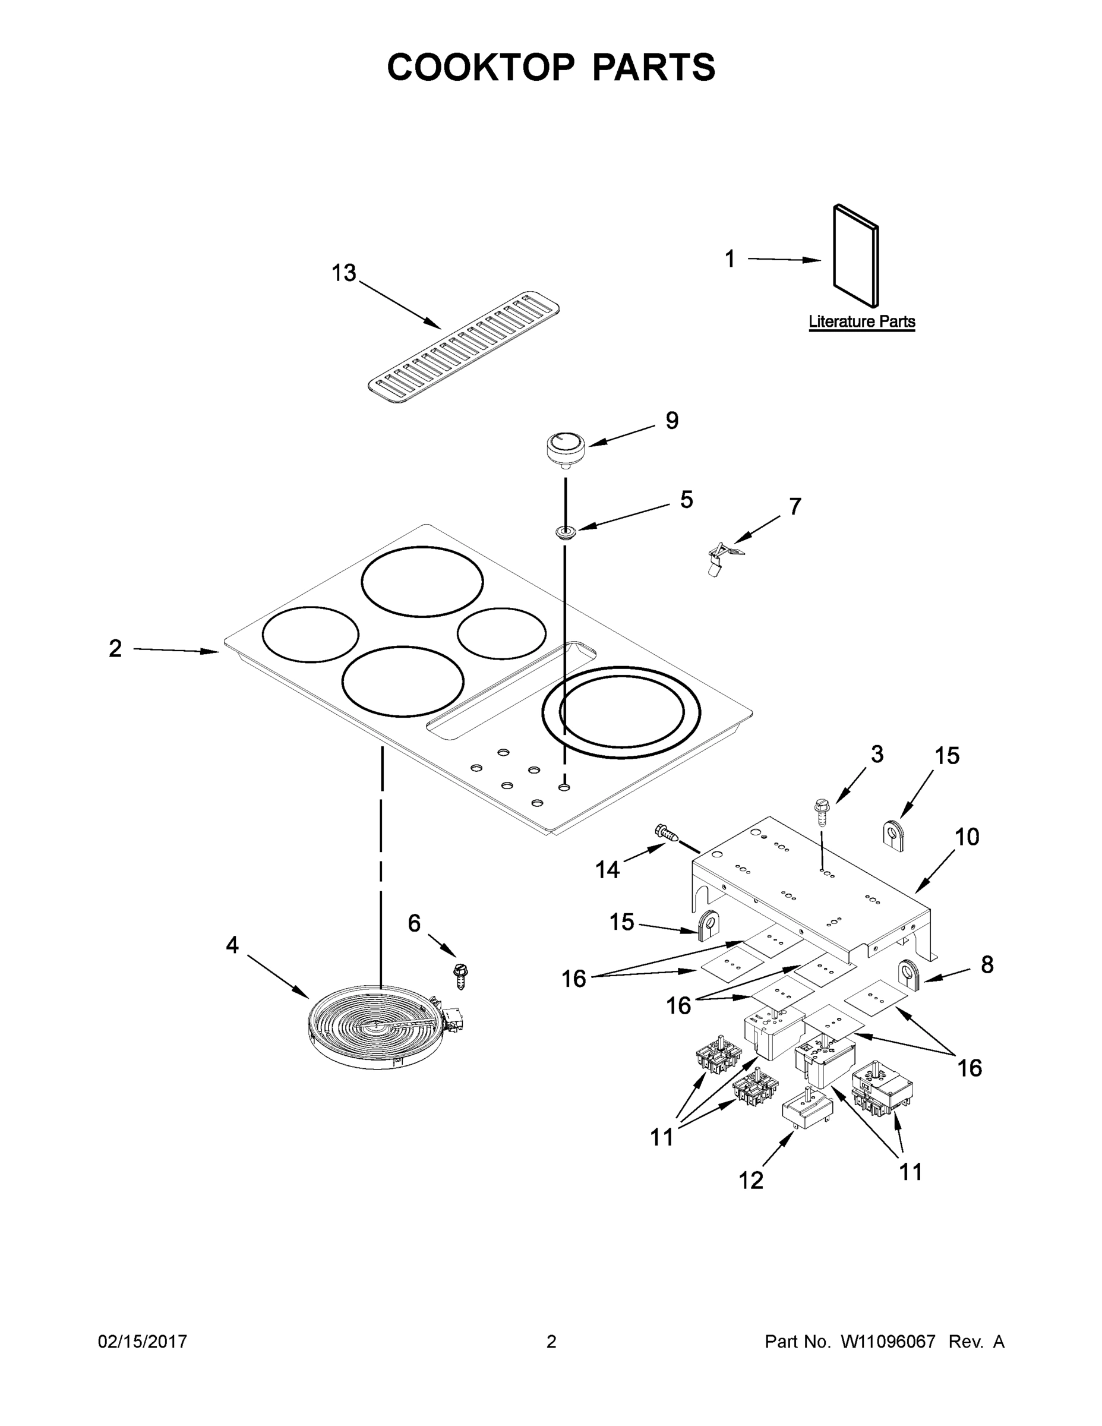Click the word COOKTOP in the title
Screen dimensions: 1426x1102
(481, 67)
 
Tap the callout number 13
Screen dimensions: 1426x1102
(344, 273)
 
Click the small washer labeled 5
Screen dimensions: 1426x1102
(566, 532)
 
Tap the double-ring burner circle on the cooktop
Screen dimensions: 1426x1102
(621, 712)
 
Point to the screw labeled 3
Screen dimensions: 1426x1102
(821, 813)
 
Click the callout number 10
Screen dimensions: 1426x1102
(967, 837)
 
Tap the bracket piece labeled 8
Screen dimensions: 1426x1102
(910, 976)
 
